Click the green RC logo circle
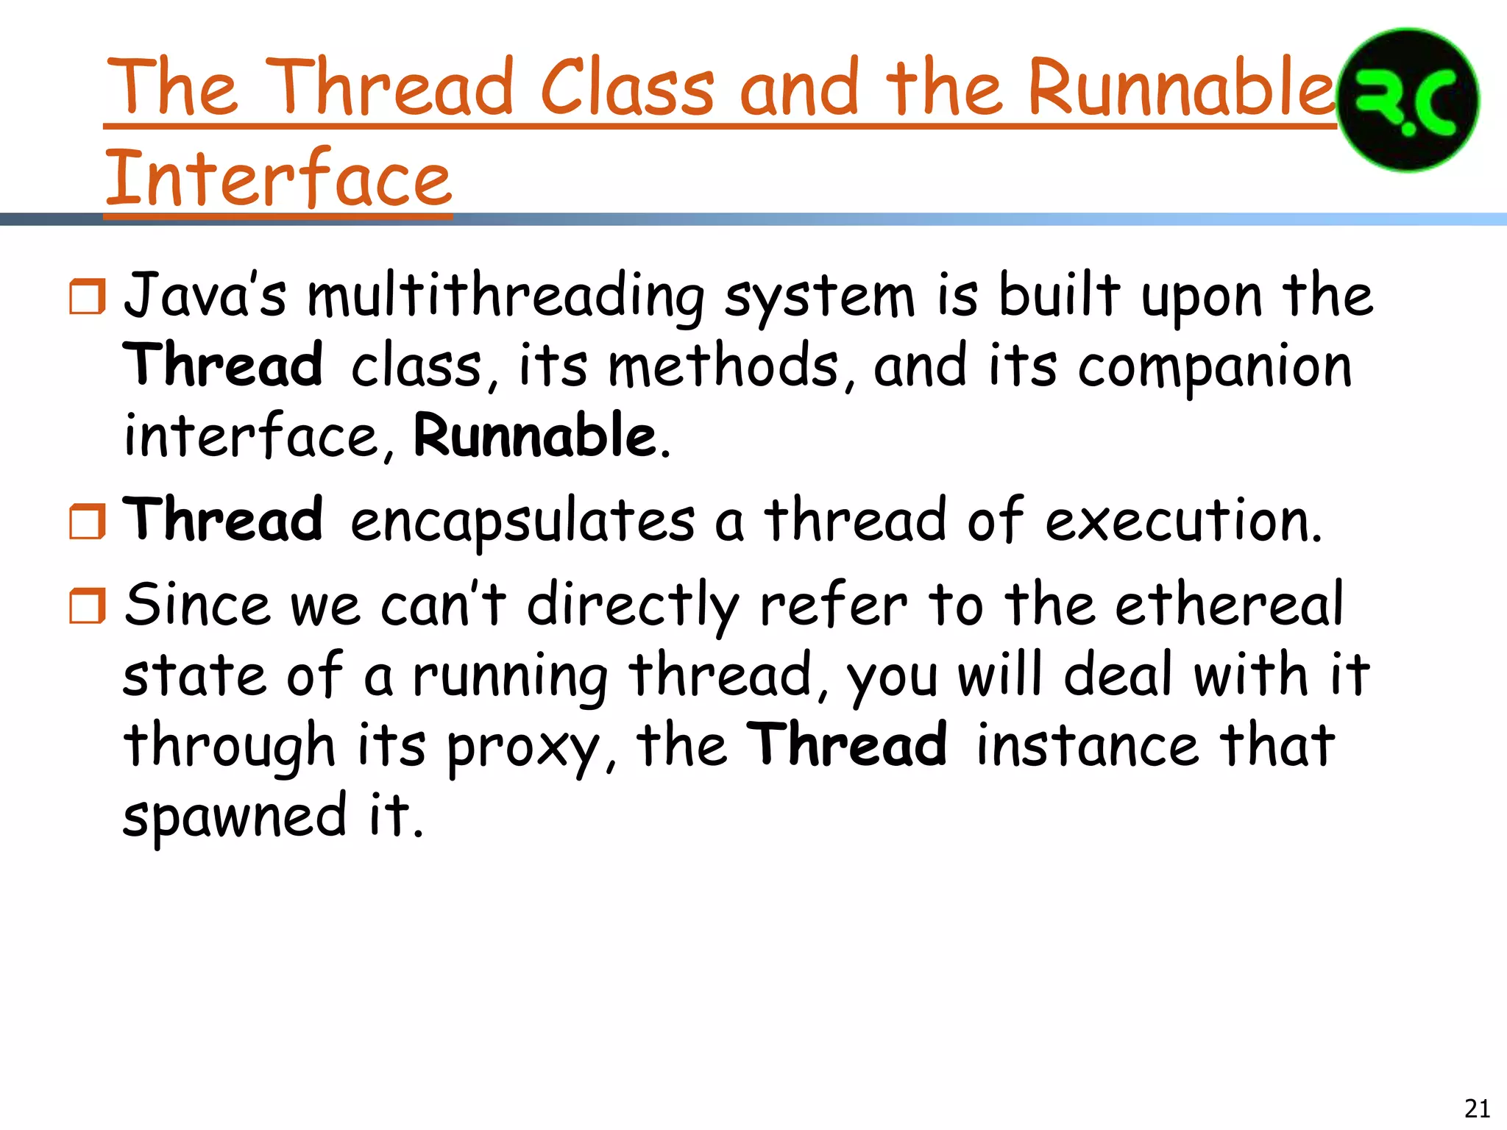[x=1407, y=101]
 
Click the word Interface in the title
[x=278, y=178]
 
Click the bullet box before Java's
[x=88, y=296]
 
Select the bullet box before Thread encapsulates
[x=88, y=522]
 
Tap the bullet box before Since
[x=88, y=605]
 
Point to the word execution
[x=1183, y=521]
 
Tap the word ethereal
[x=1229, y=605]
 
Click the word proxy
[x=524, y=747]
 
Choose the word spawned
[x=234, y=817]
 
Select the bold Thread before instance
[x=846, y=745]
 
